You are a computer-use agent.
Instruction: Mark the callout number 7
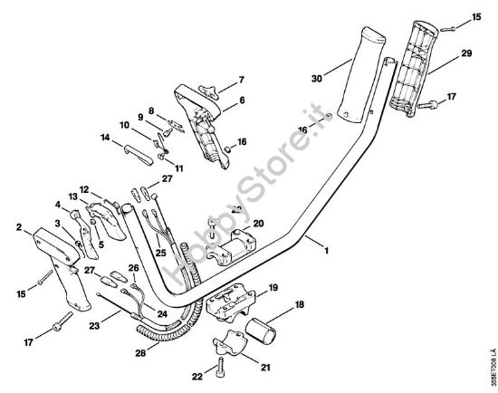point(242,80)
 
